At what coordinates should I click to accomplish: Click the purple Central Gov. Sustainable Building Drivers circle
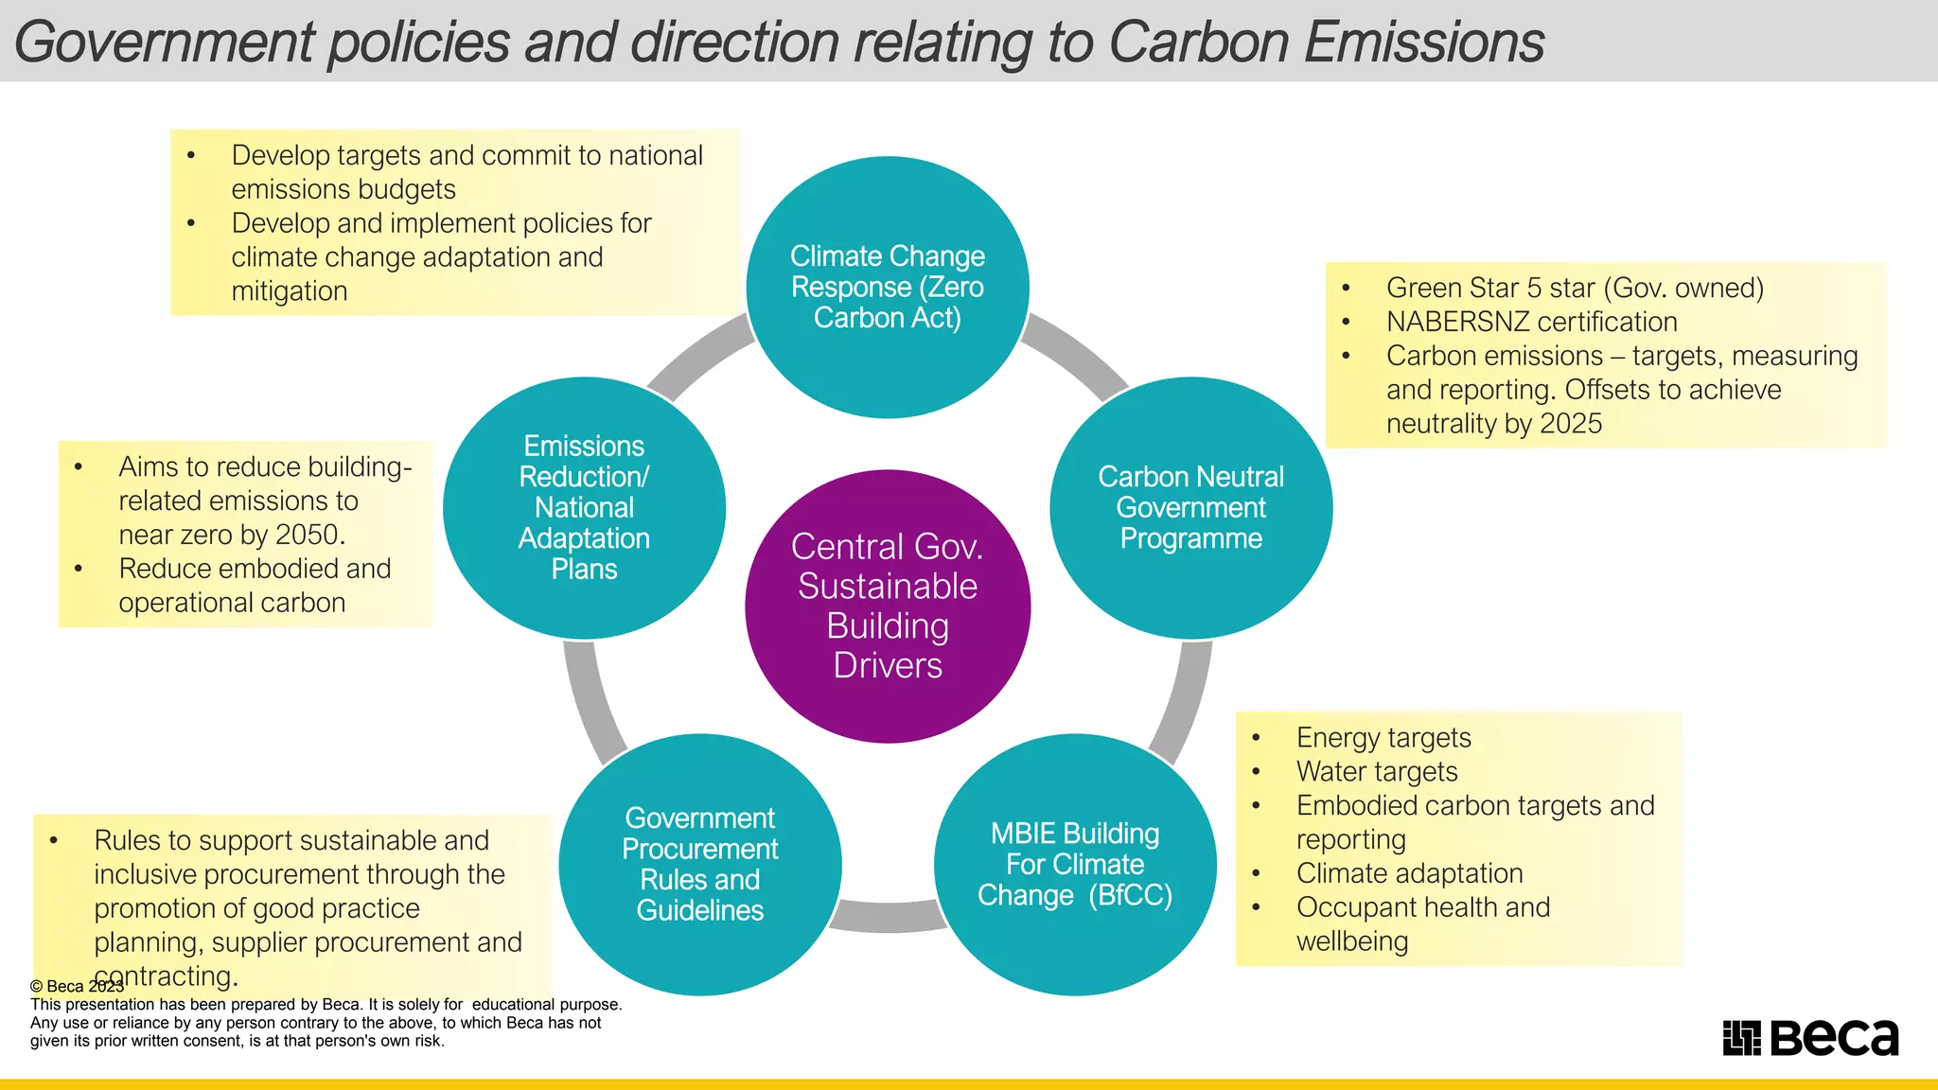[888, 606]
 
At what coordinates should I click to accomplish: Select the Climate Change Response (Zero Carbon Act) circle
[888, 287]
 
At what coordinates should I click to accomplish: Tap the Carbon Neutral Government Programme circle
[1190, 507]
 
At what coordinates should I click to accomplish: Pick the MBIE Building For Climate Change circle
[1075, 864]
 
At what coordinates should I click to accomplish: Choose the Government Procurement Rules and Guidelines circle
[700, 864]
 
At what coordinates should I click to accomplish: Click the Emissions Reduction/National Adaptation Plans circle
[585, 507]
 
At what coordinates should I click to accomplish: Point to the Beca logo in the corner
[1810, 1037]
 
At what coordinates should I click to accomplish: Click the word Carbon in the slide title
[1197, 43]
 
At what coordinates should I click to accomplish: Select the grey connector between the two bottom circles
[888, 916]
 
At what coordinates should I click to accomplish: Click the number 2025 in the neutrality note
[1571, 423]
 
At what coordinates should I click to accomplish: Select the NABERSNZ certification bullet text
[1531, 322]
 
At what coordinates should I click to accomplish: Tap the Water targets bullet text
[1377, 771]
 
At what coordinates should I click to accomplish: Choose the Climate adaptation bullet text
[1409, 873]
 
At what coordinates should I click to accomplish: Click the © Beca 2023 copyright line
[77, 986]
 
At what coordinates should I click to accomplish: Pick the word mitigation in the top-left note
[290, 291]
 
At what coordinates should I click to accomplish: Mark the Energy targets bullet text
[1383, 737]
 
